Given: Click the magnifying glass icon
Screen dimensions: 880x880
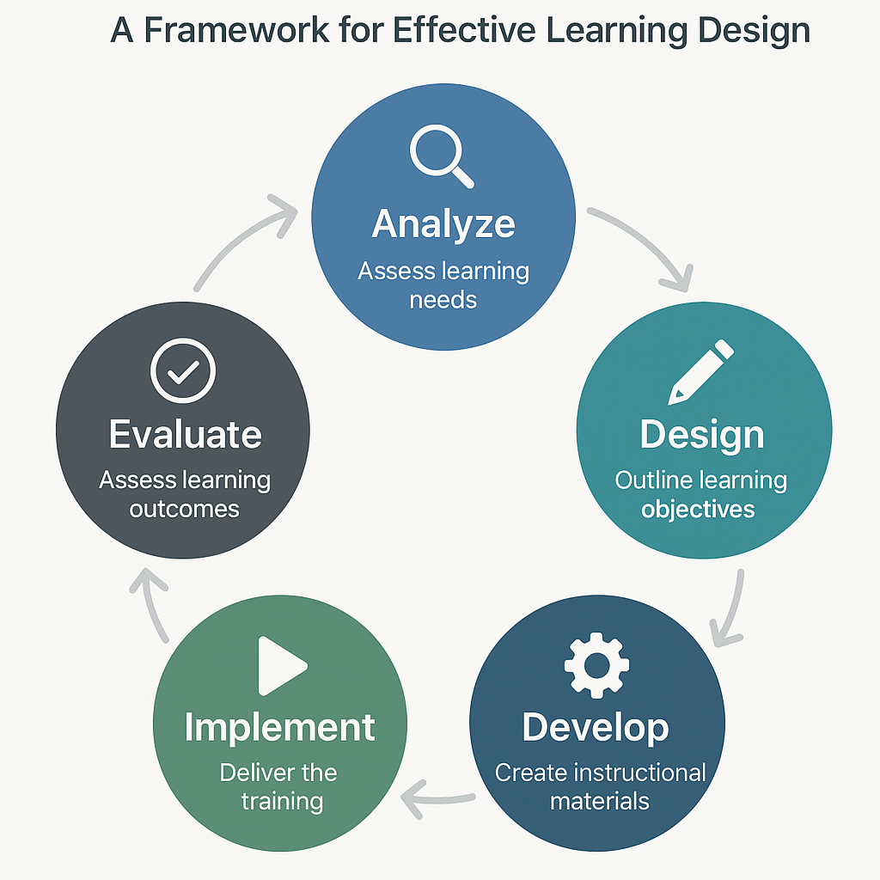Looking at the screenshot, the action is pyautogui.click(x=441, y=156).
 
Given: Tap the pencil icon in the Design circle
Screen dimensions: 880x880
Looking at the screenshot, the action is pyautogui.click(x=700, y=371).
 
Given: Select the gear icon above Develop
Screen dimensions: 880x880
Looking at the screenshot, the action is pyautogui.click(x=596, y=666).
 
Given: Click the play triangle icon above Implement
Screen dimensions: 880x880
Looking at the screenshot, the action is pyautogui.click(x=282, y=666).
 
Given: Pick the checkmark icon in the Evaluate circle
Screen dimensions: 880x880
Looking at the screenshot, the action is pyautogui.click(x=183, y=370).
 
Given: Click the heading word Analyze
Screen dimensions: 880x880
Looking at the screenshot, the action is pyautogui.click(x=443, y=224).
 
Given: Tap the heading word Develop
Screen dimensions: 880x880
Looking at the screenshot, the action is pyautogui.click(x=596, y=729).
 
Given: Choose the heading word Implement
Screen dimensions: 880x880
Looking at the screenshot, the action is pyautogui.click(x=279, y=728).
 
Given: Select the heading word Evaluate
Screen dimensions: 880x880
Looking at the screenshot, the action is pyautogui.click(x=186, y=434).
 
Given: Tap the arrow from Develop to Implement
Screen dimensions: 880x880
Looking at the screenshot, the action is pyautogui.click(x=437, y=799).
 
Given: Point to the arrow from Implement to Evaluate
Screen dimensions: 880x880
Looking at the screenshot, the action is pyautogui.click(x=148, y=606).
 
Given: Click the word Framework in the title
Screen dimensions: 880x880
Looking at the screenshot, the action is pyautogui.click(x=236, y=30).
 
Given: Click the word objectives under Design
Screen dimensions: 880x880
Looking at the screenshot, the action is pyautogui.click(x=698, y=510).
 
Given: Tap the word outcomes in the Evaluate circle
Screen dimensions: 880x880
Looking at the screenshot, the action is pyautogui.click(x=184, y=509).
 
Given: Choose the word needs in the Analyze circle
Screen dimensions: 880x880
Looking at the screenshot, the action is pyautogui.click(x=443, y=300).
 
